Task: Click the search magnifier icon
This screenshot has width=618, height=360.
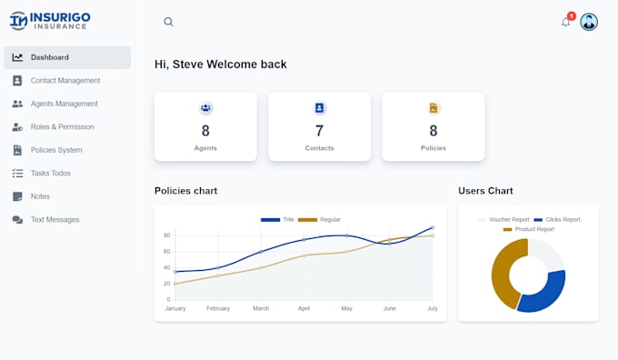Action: point(168,22)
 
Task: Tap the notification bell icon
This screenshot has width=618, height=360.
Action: point(566,22)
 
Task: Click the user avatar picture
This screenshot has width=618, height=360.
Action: point(589,22)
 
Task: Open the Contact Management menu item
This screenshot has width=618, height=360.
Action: point(65,81)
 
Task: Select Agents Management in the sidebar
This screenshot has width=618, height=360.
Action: point(64,104)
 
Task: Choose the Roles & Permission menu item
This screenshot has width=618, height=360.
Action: point(62,127)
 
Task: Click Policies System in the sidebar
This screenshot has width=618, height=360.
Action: point(56,150)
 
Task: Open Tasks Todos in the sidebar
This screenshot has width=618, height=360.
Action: point(50,174)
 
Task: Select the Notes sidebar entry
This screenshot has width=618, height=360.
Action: point(40,196)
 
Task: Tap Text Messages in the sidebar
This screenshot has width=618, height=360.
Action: point(55,220)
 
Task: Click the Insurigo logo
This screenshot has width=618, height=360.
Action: point(50,20)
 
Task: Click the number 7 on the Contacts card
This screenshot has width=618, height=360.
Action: point(319,131)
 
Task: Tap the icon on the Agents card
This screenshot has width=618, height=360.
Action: point(205,108)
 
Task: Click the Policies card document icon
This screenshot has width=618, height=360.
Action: point(434,108)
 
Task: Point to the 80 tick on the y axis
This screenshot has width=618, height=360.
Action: point(167,235)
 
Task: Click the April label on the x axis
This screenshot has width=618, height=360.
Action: point(304,309)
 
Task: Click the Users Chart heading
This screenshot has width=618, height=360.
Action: point(485,191)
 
